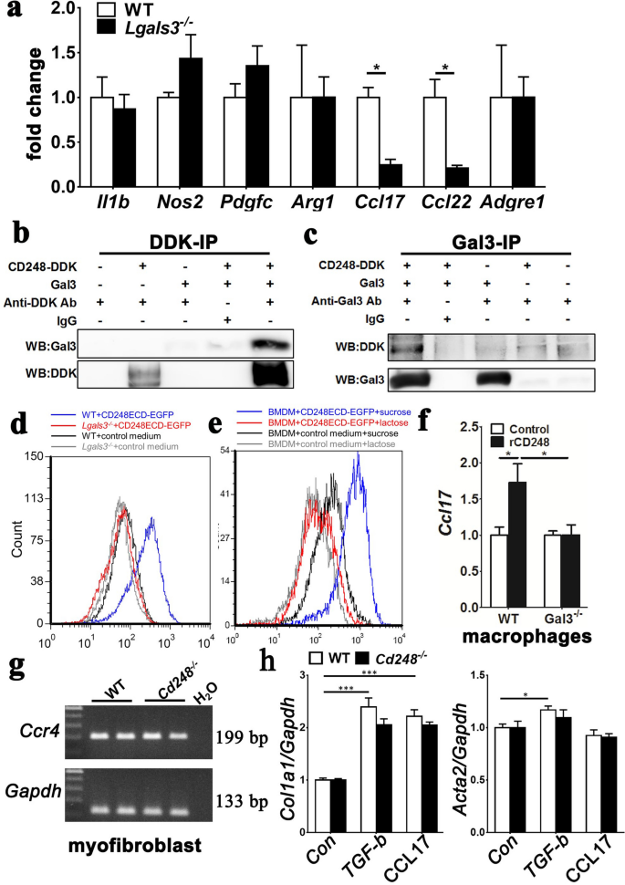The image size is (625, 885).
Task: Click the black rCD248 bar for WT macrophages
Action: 521,557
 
